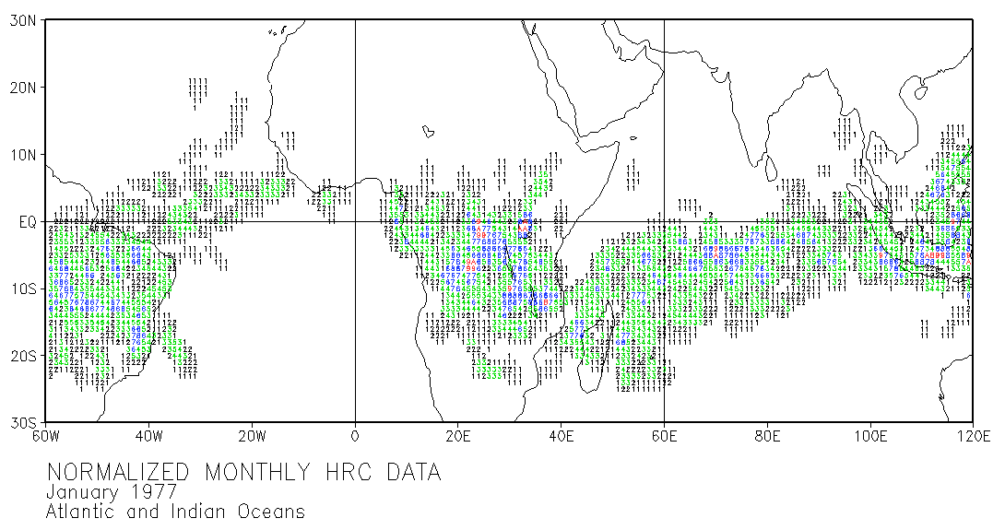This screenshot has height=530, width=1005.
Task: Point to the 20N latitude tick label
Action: pyautogui.click(x=22, y=88)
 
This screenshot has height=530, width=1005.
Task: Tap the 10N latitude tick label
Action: pyautogui.click(x=22, y=154)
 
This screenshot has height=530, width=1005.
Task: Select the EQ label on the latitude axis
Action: pyautogui.click(x=26, y=221)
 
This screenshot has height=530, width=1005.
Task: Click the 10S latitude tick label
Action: pyautogui.click(x=22, y=289)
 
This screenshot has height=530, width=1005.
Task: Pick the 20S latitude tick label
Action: pyautogui.click(x=22, y=356)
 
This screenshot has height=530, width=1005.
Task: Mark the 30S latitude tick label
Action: pyautogui.click(x=22, y=422)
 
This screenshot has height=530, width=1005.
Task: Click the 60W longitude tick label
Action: pyautogui.click(x=45, y=436)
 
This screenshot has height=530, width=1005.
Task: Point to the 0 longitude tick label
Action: pyautogui.click(x=355, y=436)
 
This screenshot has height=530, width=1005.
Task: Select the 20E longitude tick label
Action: pyautogui.click(x=458, y=436)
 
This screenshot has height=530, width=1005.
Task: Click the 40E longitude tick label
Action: pyautogui.click(x=562, y=436)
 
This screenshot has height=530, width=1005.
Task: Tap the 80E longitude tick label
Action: pyautogui.click(x=768, y=436)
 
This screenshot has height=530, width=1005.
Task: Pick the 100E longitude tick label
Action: pyautogui.click(x=871, y=436)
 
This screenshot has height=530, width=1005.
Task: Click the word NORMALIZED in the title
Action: pyautogui.click(x=123, y=473)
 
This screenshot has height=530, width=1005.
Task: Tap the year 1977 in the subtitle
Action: pyautogui.click(x=153, y=492)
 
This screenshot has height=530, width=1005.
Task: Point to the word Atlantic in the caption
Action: pyautogui.click(x=86, y=511)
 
